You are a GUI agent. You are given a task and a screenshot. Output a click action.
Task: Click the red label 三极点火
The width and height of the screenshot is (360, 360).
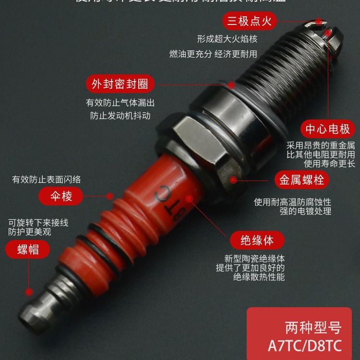(x=250, y=21)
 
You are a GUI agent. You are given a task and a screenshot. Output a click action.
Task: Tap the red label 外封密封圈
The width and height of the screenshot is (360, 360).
(x=120, y=84)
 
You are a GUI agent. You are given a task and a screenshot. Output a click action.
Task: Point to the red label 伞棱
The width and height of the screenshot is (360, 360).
(x=61, y=196)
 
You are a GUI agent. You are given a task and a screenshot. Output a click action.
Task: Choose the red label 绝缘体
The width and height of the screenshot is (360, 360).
(x=250, y=240)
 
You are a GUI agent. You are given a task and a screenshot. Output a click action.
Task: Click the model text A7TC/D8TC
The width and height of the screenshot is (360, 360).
(x=306, y=346)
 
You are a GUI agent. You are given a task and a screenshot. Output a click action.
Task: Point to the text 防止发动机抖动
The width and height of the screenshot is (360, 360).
(x=120, y=116)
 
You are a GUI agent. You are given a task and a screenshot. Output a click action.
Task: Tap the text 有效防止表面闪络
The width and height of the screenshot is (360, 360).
(x=46, y=180)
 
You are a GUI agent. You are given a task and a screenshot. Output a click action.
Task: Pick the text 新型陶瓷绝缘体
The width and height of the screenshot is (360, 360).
(x=251, y=257)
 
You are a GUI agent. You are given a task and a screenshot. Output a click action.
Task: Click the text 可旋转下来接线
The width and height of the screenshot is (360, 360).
(x=38, y=222)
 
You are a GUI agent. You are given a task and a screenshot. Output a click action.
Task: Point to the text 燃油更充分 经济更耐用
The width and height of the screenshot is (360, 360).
(x=213, y=54)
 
